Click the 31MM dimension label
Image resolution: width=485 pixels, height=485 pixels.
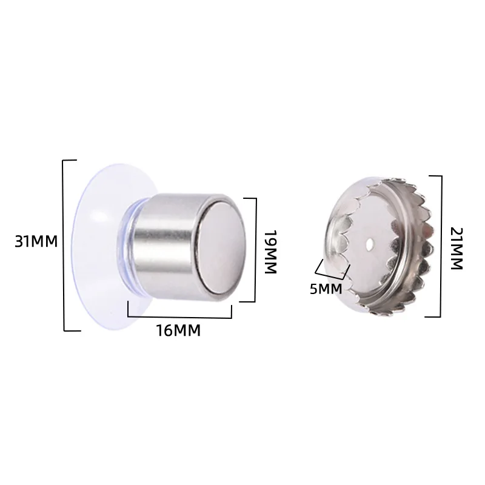point(36,241)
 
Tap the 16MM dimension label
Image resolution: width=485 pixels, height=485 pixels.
point(178,331)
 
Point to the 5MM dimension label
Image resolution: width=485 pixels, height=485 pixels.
point(326,289)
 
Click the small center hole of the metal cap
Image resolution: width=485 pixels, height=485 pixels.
point(370,245)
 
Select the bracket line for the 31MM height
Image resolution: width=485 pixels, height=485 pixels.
point(64,245)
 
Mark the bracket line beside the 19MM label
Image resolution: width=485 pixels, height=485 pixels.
point(256,249)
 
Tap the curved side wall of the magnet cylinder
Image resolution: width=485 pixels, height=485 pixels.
point(167,246)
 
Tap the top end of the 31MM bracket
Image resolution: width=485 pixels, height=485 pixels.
point(70,161)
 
